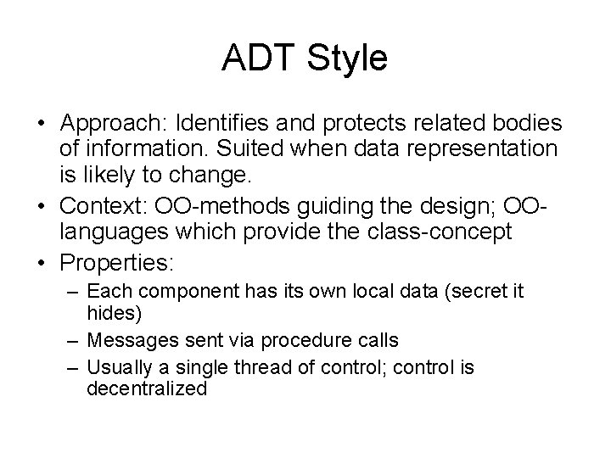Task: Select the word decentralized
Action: (147, 388)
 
